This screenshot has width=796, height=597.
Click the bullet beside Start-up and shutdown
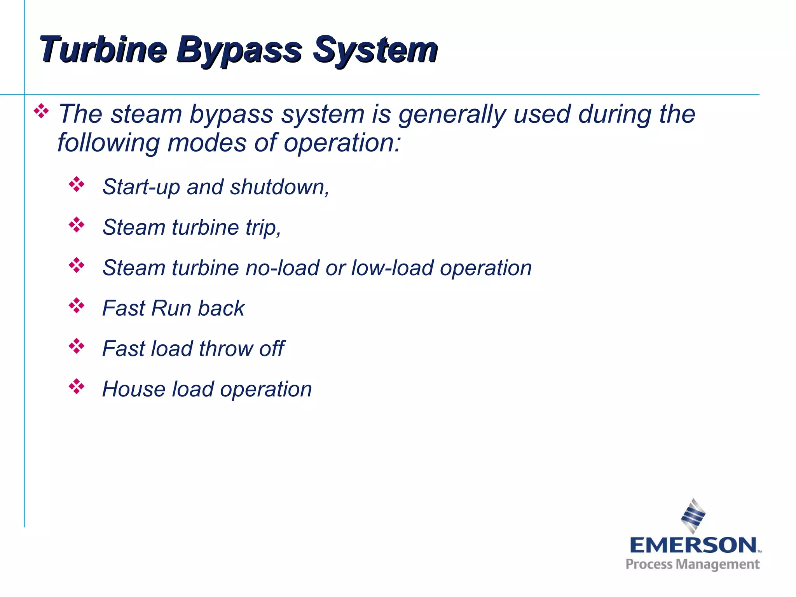click(77, 185)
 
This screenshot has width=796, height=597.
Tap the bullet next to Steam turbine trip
click(77, 225)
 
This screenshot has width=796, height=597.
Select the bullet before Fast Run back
click(77, 306)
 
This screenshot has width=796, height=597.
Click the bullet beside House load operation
click(77, 387)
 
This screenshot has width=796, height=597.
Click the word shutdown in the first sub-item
click(279, 187)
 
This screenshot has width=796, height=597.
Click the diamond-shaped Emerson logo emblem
click(693, 516)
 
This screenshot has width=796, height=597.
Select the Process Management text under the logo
click(692, 564)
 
